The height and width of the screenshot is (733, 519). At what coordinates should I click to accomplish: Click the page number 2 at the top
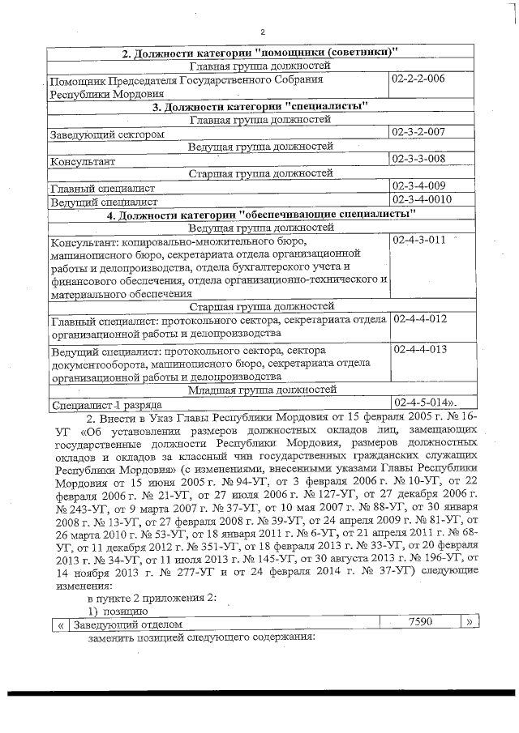[x=262, y=32]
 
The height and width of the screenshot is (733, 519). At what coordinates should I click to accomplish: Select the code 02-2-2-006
[x=418, y=79]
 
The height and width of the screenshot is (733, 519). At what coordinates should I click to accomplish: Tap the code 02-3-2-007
[x=418, y=132]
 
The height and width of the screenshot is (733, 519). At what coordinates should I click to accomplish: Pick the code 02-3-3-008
[x=418, y=160]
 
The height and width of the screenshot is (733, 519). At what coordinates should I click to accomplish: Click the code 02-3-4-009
[x=418, y=186]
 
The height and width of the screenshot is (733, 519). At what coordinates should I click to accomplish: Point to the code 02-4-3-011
[x=418, y=241]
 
